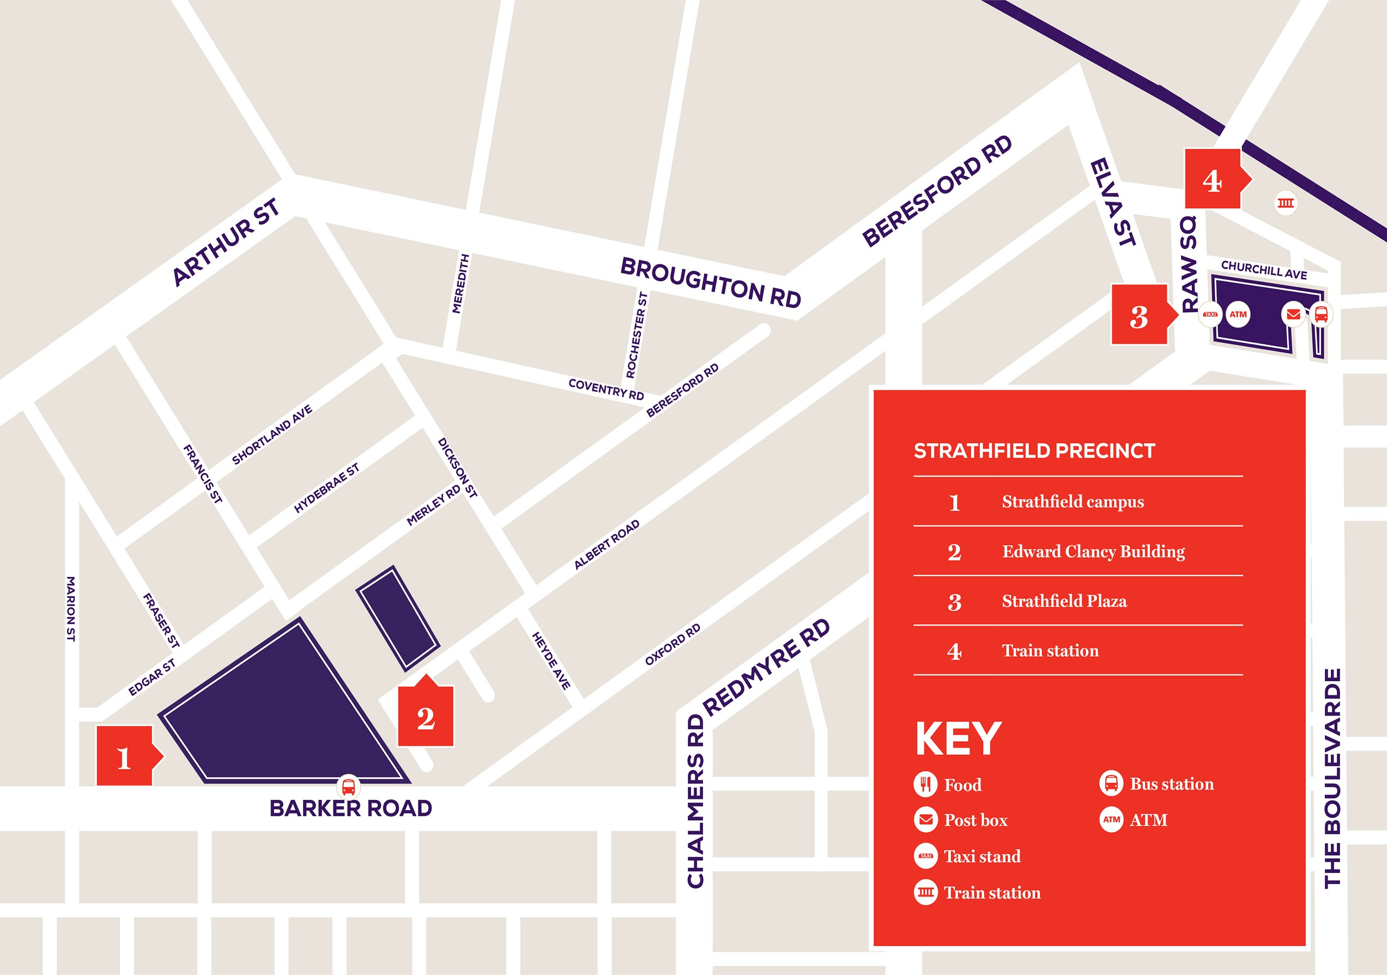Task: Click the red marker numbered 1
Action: [124, 756]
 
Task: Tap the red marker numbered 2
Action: [425, 717]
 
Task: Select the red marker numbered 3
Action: [1140, 316]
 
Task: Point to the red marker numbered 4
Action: [1213, 179]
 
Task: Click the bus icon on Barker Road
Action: [349, 786]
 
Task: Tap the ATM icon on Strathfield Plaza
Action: [1238, 314]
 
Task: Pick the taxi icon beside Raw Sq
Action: [1210, 314]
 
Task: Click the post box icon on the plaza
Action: [1293, 314]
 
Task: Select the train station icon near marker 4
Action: [1286, 203]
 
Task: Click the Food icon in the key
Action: [925, 784]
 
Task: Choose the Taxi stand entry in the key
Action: [982, 856]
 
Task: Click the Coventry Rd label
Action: [606, 389]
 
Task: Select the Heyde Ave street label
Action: [551, 661]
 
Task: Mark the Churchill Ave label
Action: [1264, 269]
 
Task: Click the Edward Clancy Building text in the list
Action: [1093, 551]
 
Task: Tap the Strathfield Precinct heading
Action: [1034, 451]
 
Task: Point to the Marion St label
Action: [71, 608]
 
